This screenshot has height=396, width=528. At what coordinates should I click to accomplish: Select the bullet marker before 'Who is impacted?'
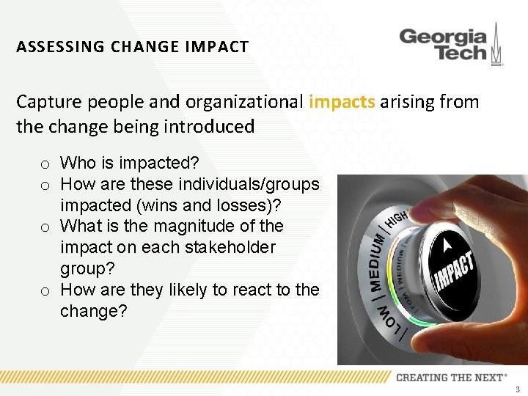pos(45,164)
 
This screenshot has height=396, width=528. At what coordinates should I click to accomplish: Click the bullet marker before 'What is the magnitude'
pos(45,227)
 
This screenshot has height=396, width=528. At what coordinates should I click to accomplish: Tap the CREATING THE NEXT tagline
pos(451,377)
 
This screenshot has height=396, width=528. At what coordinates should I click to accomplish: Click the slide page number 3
pos(518,389)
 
